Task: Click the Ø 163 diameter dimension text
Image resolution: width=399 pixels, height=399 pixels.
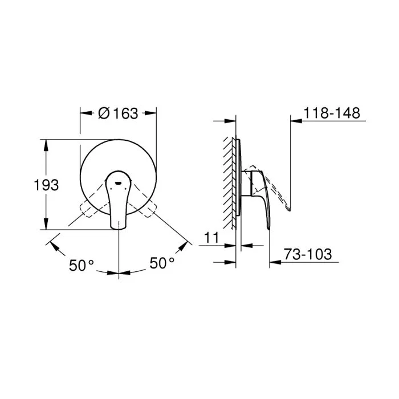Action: point(118,113)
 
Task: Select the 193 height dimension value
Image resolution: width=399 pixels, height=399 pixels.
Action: point(47,185)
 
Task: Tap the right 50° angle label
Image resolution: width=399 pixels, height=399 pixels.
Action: point(162,263)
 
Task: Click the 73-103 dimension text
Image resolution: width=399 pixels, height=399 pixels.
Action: point(308,254)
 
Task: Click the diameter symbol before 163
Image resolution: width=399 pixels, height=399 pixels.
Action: point(104,113)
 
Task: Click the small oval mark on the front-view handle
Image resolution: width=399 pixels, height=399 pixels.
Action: point(117,184)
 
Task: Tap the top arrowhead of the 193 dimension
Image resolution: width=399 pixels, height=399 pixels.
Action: point(45,143)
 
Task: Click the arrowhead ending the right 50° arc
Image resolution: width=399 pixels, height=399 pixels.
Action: point(184,245)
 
